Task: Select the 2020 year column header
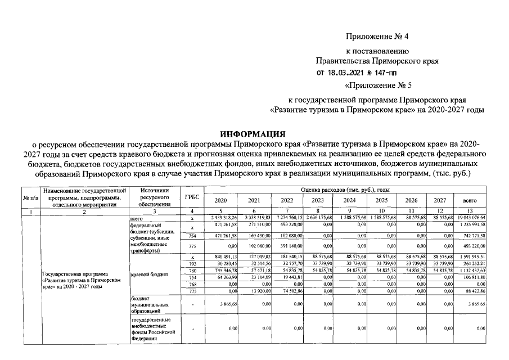coord(221,200)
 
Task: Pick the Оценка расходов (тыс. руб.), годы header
coord(345,191)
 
